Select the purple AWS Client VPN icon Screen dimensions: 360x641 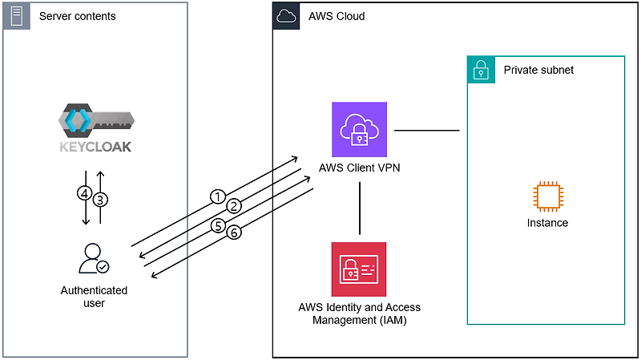[x=359, y=129]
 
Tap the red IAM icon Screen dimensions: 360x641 [x=359, y=269]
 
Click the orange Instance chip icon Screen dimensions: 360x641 [x=547, y=197]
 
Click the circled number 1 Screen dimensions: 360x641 [x=216, y=196]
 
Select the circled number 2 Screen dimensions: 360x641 [x=233, y=207]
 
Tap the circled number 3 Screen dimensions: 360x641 [x=100, y=199]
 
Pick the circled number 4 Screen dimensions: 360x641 [x=83, y=193]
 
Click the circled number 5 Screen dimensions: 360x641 [x=218, y=226]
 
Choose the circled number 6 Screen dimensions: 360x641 [x=234, y=233]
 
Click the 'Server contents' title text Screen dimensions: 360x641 [x=77, y=16]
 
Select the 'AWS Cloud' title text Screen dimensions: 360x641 [x=336, y=16]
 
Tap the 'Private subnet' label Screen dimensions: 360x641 [x=538, y=70]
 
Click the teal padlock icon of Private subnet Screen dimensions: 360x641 [x=481, y=70]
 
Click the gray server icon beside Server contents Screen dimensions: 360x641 [x=15, y=15]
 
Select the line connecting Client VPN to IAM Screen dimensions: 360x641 [x=359, y=208]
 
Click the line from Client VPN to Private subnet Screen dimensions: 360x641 [x=426, y=129]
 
